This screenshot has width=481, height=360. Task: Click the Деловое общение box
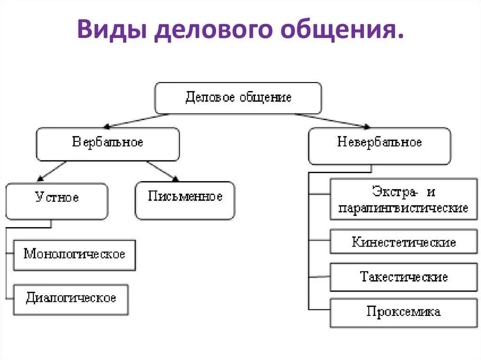(x=238, y=98)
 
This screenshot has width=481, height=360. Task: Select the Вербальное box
(x=108, y=143)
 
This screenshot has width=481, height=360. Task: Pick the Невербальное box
(x=379, y=143)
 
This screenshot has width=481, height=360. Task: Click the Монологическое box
(x=74, y=255)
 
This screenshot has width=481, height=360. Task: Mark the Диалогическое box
(x=71, y=299)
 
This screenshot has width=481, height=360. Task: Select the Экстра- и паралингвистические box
(x=403, y=199)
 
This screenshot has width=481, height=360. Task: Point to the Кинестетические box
(x=403, y=242)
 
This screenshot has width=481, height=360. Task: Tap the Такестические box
(x=403, y=277)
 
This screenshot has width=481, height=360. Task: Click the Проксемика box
(x=403, y=312)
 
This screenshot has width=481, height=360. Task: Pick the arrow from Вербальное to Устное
(x=52, y=171)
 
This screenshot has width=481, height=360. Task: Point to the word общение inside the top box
(x=266, y=98)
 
